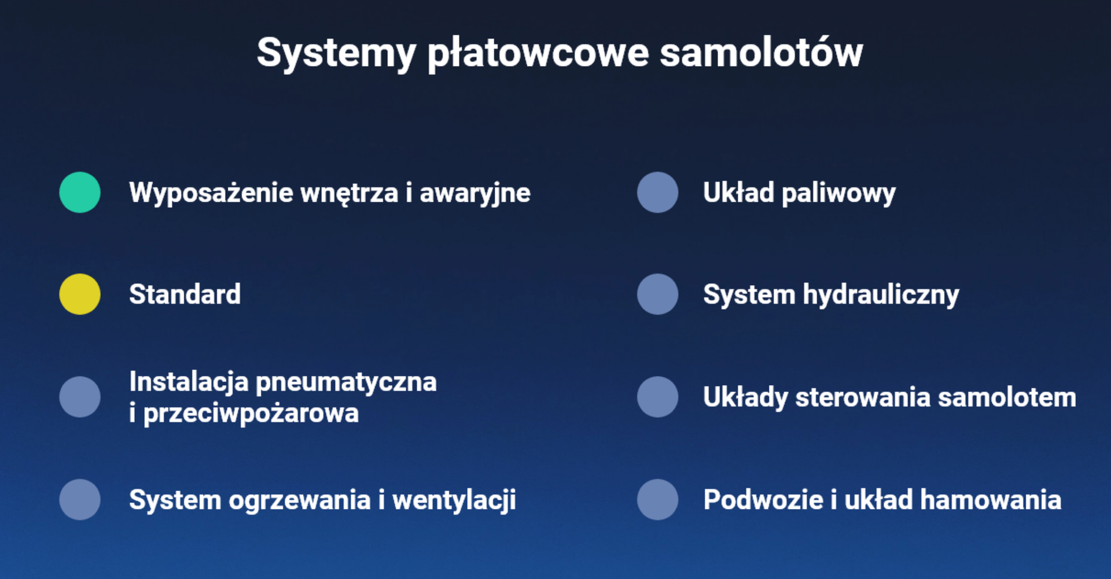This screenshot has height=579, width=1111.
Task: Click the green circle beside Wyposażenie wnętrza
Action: coord(80,193)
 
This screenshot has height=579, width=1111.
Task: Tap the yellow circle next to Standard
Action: coord(80,294)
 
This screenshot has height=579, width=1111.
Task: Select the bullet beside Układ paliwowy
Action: coord(657,193)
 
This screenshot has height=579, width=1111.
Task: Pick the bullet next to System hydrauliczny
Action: coord(657,294)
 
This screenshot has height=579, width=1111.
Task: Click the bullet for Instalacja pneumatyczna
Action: coord(80,397)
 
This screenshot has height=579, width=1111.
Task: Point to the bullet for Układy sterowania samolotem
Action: coord(657,397)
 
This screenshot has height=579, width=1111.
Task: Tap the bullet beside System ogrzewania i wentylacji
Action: coord(80,499)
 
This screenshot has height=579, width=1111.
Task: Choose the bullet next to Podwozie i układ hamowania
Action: coord(657,499)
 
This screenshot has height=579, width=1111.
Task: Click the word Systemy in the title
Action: coord(336,54)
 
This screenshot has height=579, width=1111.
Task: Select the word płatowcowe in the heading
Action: coord(538,54)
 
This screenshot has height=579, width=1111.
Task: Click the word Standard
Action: coord(185,294)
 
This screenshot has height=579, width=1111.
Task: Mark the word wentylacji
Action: coord(454,500)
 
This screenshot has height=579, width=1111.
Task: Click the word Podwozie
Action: coord(763,499)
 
